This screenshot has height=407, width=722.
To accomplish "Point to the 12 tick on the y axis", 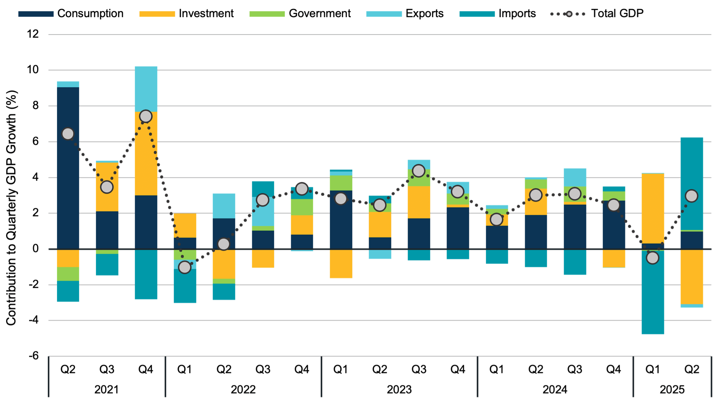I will [33, 34].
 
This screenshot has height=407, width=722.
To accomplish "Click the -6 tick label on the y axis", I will [34, 356].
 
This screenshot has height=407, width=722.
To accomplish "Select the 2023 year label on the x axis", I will [399, 390].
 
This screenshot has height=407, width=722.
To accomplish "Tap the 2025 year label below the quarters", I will [672, 390].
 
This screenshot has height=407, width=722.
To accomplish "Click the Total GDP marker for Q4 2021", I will [146, 116].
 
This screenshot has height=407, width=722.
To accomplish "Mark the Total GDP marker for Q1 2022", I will [185, 267].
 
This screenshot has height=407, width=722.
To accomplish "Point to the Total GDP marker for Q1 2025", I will [653, 258].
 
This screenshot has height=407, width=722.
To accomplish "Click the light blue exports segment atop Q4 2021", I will [146, 89].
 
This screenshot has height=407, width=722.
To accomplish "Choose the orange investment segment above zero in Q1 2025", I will [653, 208].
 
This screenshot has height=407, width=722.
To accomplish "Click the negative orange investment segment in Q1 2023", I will [341, 264].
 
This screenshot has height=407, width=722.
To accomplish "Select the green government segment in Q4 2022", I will [302, 207].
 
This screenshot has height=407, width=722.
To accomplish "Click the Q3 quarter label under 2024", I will [574, 369].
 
